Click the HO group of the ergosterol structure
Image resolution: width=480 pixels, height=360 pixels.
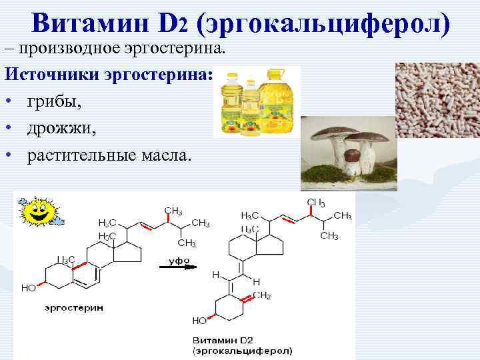pos(29,289)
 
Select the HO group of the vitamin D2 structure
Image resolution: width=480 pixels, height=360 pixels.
pos(199,321)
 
